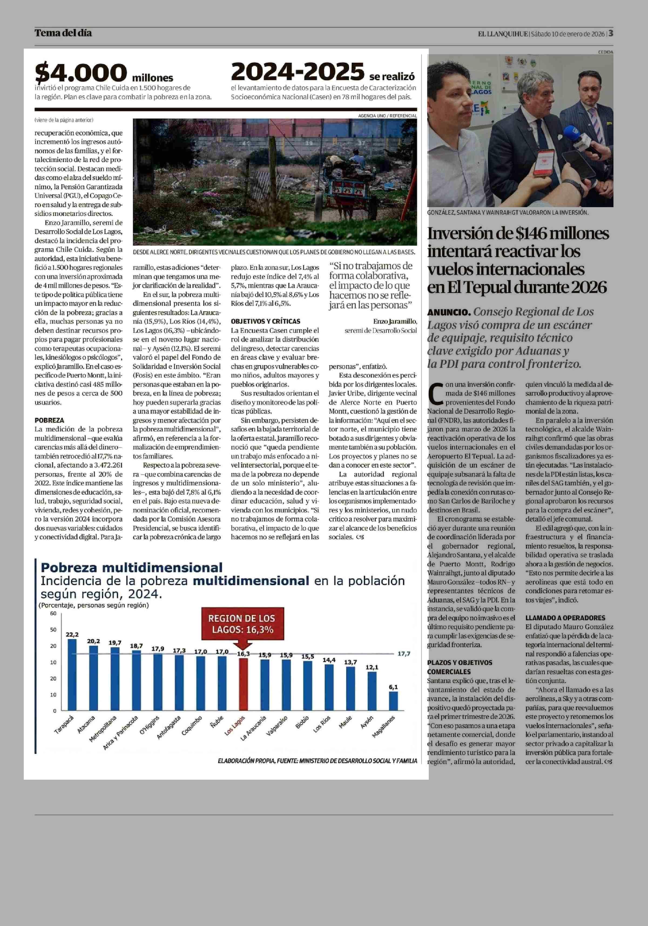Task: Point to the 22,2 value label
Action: (72, 634)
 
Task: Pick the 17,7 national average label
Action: (404, 653)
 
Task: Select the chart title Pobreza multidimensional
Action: (131, 567)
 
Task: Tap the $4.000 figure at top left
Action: (81, 73)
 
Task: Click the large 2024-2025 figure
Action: (298, 72)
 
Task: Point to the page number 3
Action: (611, 33)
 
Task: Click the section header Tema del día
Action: (63, 33)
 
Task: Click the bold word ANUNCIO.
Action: (448, 312)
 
